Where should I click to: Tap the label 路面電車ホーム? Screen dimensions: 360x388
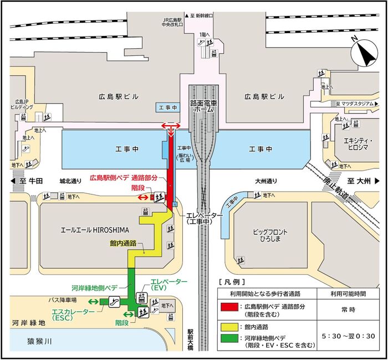coord(203,106)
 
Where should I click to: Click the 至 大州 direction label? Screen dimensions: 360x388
coord(361,181)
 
